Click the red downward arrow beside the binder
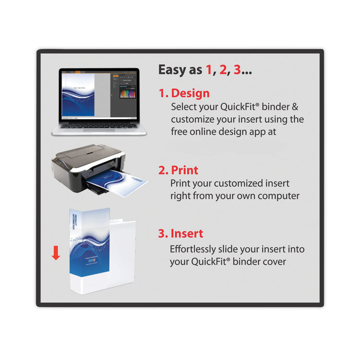click(x=56, y=253)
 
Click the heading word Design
click(x=190, y=93)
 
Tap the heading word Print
click(x=184, y=170)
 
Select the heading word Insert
click(x=187, y=234)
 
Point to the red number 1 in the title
click(x=208, y=70)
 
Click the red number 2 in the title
click(x=222, y=70)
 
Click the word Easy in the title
click(x=173, y=70)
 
